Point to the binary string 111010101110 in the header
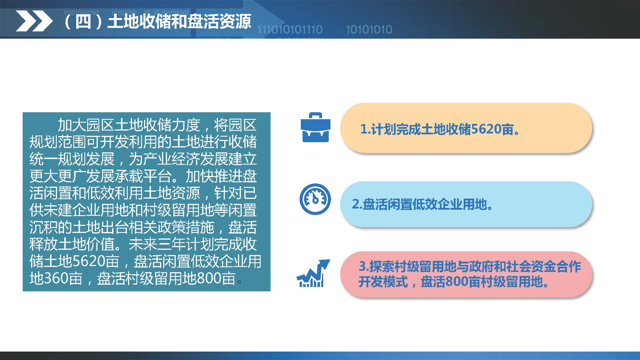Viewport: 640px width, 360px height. click(x=290, y=30)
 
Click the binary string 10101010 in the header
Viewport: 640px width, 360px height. click(x=369, y=30)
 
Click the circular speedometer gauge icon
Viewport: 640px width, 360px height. click(x=315, y=199)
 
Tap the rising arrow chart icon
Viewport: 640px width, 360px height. click(x=313, y=273)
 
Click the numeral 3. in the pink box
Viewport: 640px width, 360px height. click(x=364, y=266)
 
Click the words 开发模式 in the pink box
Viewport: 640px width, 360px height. click(x=383, y=281)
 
